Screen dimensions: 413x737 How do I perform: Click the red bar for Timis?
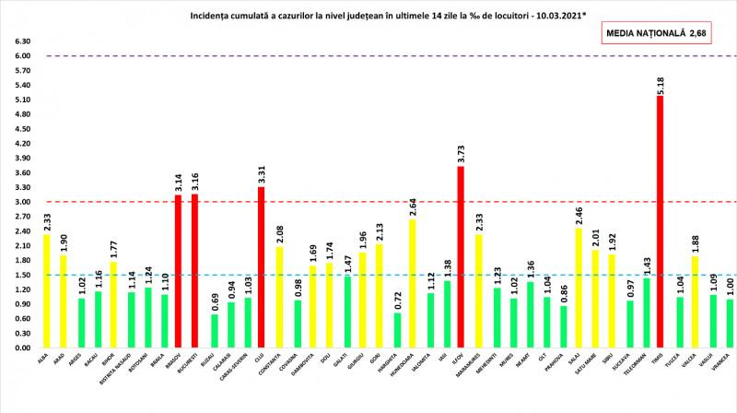point(659,221)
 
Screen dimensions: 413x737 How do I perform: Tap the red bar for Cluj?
point(261,267)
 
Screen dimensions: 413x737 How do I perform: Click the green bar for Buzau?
point(215,331)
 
